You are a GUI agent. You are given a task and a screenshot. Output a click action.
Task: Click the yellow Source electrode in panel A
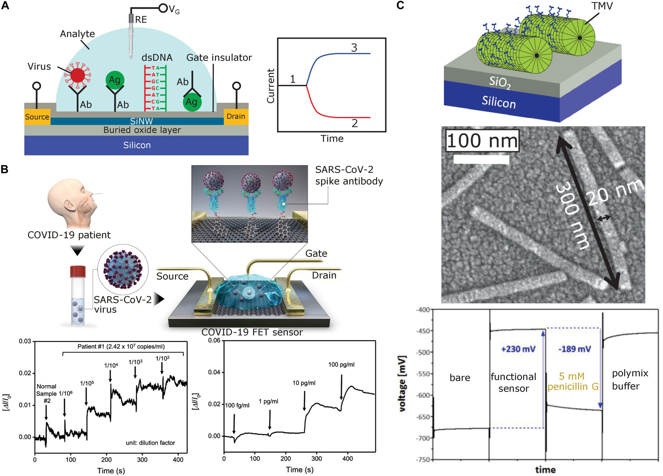(37, 117)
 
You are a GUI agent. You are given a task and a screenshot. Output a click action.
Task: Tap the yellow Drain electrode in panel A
(236, 116)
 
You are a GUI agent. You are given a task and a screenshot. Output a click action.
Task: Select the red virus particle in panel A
(77, 75)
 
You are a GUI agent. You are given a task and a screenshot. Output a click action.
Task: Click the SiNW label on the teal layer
(142, 121)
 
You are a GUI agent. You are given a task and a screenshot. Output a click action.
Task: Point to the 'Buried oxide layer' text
(142, 130)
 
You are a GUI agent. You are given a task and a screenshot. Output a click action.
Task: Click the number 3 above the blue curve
(354, 48)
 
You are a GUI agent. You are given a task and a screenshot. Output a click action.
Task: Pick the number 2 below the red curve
(355, 123)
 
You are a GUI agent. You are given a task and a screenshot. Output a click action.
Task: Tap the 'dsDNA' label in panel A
(157, 57)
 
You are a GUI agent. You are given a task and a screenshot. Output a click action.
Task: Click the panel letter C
(400, 5)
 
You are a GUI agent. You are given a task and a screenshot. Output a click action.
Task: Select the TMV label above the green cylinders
(602, 6)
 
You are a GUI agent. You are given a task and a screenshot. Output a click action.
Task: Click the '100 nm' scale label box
(482, 141)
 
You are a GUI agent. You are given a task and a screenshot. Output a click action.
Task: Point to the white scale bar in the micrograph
(481, 159)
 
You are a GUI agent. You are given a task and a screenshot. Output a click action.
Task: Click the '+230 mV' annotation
(518, 349)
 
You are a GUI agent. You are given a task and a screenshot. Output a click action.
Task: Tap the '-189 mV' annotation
(575, 349)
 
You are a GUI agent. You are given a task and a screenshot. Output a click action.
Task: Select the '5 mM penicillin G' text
(573, 381)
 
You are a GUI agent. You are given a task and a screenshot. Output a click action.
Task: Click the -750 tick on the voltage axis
(423, 459)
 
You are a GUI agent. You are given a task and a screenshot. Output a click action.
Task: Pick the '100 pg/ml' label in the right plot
(341, 365)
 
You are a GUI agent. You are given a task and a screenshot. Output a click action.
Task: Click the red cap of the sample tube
(78, 271)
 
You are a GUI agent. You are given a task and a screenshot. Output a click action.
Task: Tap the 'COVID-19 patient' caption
(69, 235)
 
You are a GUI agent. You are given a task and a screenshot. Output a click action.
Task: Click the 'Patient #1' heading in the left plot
(121, 347)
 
